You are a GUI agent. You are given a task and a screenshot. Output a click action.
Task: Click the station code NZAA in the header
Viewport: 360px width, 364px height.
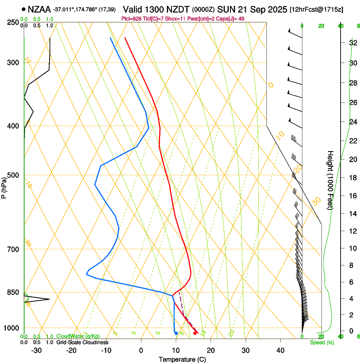39,8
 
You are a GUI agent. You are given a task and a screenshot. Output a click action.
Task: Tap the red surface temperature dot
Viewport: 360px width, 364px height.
195,333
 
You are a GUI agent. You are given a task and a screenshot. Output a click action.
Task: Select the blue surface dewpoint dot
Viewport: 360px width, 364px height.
176,333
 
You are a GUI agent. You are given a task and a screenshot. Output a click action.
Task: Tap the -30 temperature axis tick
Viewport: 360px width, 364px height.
36,350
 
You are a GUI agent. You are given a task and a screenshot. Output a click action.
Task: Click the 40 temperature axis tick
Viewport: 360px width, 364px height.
280,350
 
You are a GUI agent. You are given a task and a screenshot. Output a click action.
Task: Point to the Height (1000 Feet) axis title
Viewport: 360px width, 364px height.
331,180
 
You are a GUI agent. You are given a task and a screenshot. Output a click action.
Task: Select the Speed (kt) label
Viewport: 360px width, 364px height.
322,342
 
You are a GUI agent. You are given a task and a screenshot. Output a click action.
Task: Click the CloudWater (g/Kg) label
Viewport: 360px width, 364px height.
78,336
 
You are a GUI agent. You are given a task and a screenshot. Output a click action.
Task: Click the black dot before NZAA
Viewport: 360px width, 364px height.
24,8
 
